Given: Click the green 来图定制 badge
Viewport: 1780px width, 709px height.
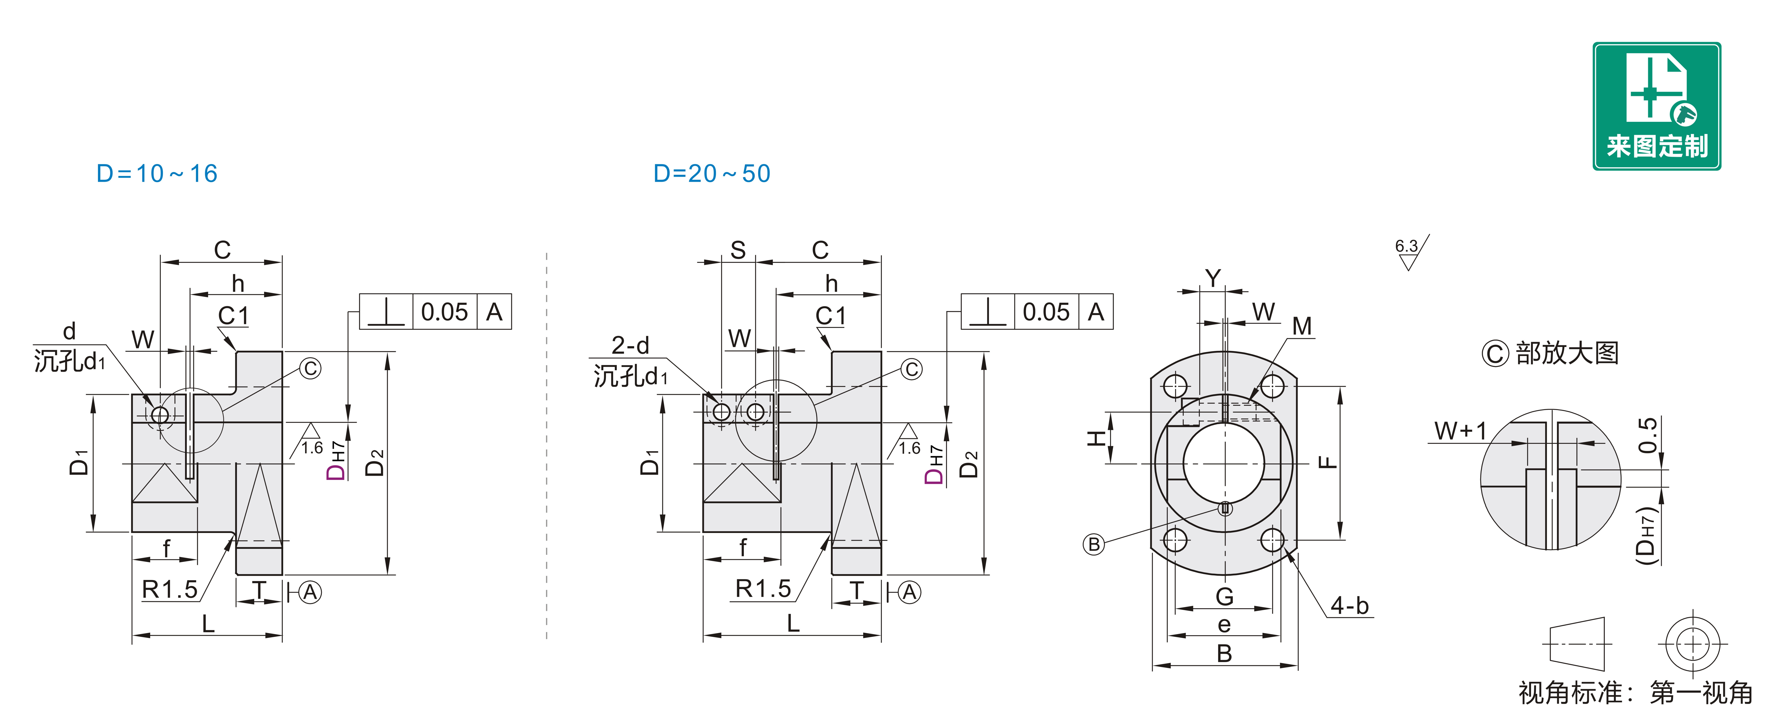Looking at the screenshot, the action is point(1656,106).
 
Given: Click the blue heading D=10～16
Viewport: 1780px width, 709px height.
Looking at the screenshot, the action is point(157,173).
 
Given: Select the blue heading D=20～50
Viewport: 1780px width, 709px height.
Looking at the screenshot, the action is point(712,173).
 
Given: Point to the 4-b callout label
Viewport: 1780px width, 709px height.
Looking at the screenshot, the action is point(1350,605).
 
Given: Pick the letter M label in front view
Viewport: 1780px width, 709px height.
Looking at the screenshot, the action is point(1302,326).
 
